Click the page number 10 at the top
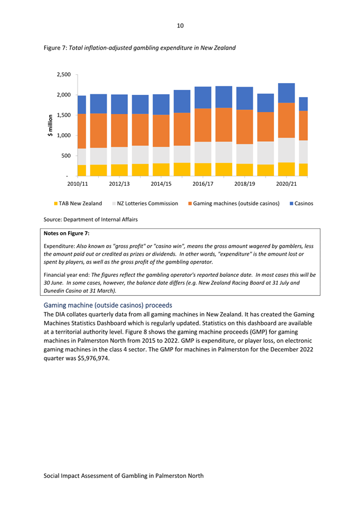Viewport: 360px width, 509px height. point(180,26)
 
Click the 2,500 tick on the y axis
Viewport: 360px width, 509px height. point(64,75)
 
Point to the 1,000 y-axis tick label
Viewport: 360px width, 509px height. point(64,136)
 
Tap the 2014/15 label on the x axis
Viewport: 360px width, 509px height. point(161,184)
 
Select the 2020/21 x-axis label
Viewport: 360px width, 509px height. point(286,184)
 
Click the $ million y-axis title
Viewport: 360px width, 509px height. point(50,126)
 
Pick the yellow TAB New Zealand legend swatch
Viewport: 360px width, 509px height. point(56,204)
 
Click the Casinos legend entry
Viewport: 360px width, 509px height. point(301,204)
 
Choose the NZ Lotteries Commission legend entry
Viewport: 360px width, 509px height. point(145,204)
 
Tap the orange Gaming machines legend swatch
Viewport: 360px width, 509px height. point(190,204)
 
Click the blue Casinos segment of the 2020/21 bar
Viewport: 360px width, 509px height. point(286,93)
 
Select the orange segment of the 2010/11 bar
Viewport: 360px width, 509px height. point(82,131)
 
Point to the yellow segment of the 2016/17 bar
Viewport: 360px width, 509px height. point(203,170)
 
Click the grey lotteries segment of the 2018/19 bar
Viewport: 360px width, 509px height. point(245,154)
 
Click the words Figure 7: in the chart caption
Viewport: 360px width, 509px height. point(55,48)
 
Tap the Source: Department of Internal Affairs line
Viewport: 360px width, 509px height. point(90,219)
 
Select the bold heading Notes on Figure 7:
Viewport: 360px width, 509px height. point(66,233)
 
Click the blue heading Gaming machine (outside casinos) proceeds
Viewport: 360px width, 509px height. point(108,305)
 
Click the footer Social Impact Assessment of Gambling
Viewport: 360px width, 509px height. point(124,476)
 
